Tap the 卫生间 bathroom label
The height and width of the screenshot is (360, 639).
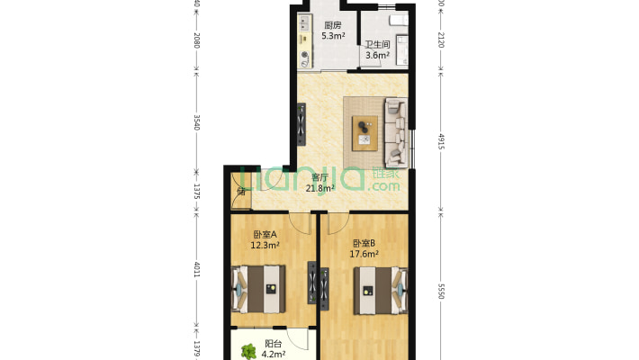point(377,44)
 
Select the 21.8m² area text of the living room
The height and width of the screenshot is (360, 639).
point(320,189)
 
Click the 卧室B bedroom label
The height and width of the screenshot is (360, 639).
point(364,243)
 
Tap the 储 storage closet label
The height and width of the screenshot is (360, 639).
point(241,191)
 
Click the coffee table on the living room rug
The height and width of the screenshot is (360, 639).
point(364,132)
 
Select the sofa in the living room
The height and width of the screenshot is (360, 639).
point(395,131)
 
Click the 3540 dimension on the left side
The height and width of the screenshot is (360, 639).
point(196,121)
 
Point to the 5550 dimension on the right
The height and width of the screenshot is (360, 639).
point(440,292)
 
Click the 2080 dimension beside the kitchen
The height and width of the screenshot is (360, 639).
point(196,40)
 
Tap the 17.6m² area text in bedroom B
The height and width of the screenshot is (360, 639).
point(364,254)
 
